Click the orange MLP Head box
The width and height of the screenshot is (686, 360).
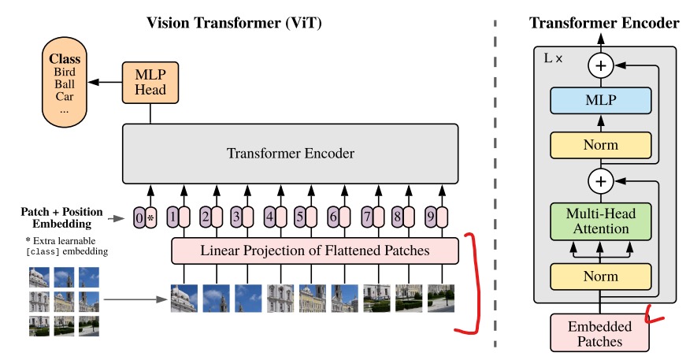(x=150, y=83)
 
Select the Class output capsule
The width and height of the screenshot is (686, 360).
(x=65, y=83)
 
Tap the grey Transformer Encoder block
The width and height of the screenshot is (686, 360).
(x=291, y=154)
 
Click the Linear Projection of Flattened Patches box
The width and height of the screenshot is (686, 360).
(x=315, y=251)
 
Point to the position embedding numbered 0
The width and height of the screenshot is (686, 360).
(x=139, y=217)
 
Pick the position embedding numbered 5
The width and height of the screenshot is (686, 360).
(x=300, y=217)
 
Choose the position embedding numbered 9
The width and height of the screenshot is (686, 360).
(x=431, y=217)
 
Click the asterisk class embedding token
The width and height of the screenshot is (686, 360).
(x=151, y=217)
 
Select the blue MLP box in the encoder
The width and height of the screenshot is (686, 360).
(x=601, y=100)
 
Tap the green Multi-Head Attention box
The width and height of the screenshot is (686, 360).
(x=601, y=221)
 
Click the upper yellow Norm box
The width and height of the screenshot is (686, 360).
(x=601, y=145)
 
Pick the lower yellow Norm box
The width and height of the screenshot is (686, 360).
(x=601, y=276)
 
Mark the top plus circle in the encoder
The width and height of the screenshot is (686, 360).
(x=601, y=65)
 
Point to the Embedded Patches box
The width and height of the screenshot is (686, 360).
(x=599, y=333)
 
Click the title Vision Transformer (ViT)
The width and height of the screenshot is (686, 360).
(x=234, y=23)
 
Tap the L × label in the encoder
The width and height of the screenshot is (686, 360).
(x=553, y=58)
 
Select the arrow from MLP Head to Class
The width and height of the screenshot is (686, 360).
(x=105, y=82)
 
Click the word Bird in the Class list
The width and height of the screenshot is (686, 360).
(x=65, y=72)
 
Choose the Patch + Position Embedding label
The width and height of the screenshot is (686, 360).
(x=61, y=218)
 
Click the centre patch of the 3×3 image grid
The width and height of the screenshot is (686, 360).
(x=64, y=302)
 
